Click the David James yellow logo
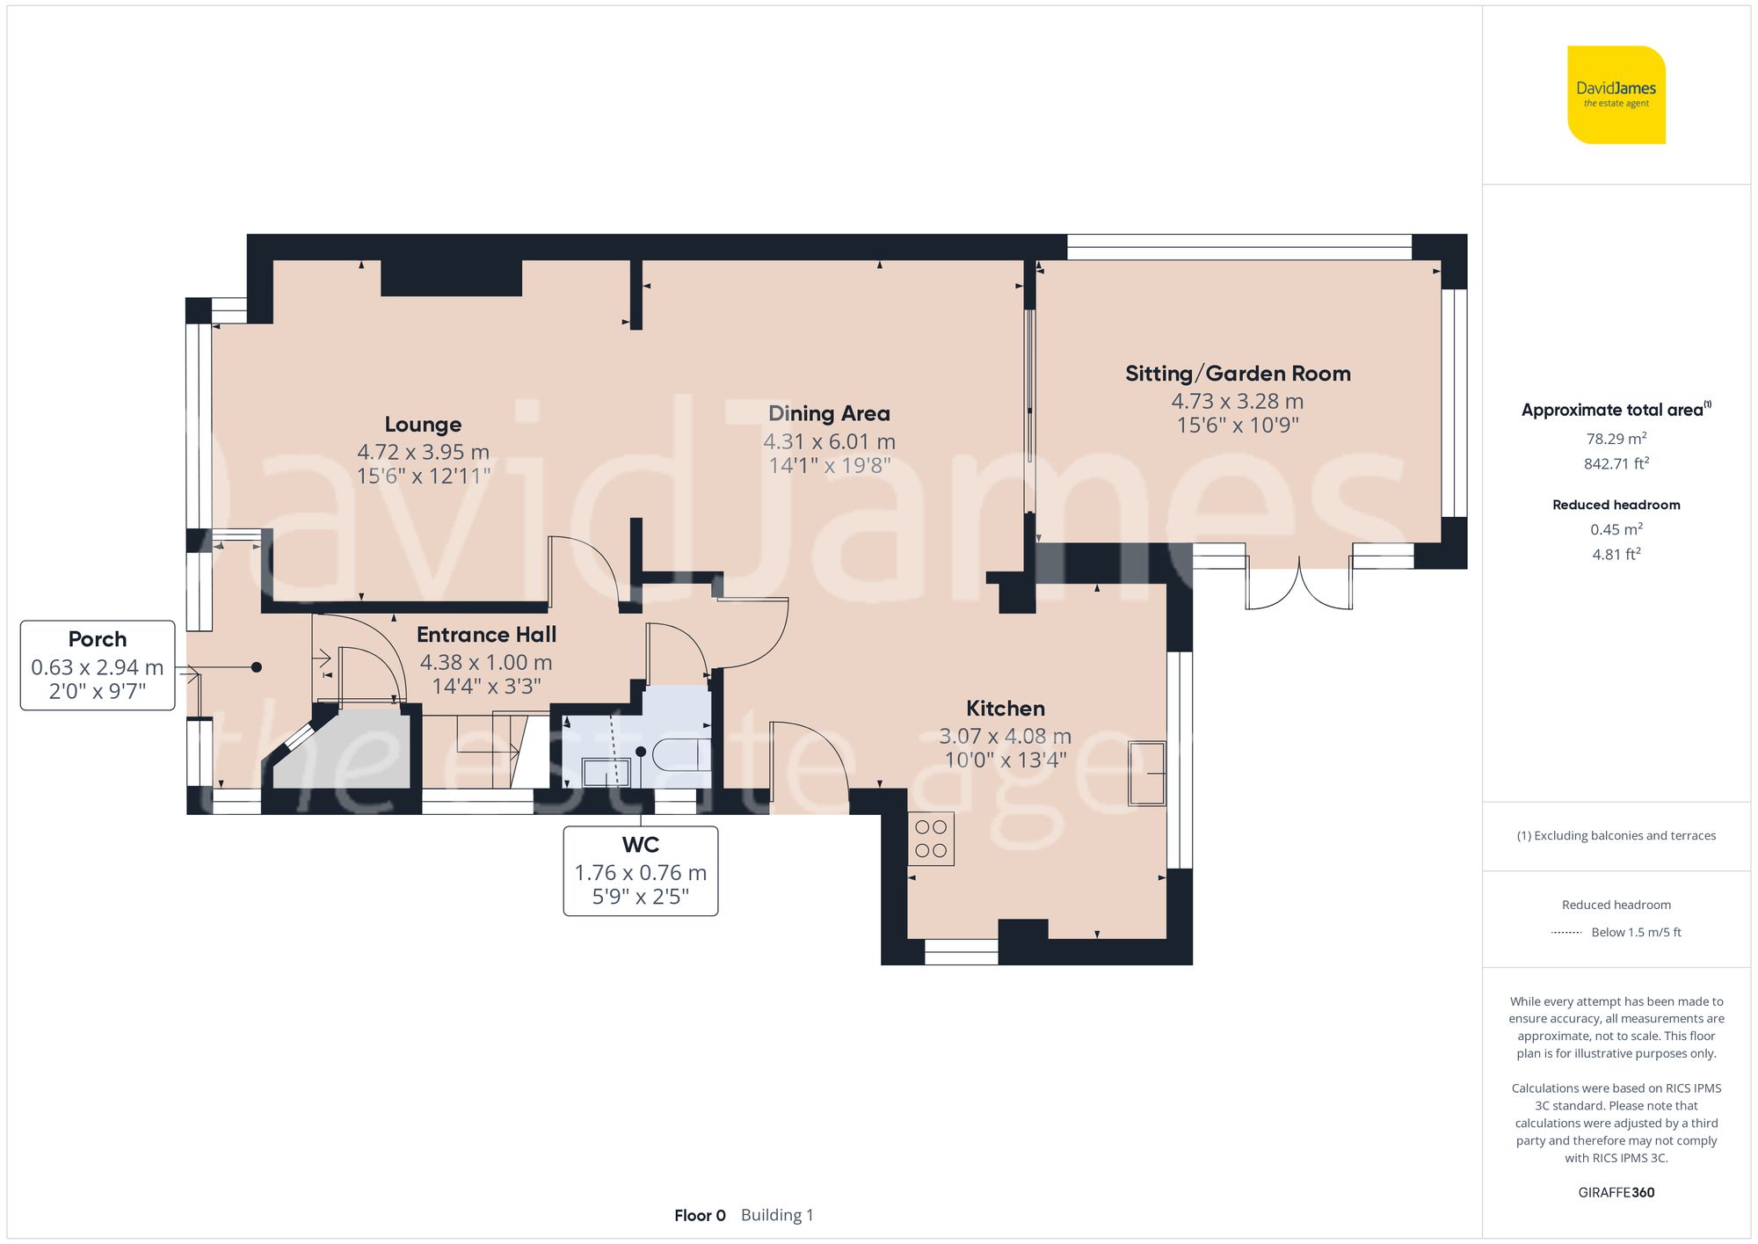pos(1616,95)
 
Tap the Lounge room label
pos(423,425)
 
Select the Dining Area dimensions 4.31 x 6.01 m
pos(829,441)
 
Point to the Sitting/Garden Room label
pos(1238,374)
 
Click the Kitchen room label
pos(1005,709)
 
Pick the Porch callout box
pos(98,665)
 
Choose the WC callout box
pos(640,870)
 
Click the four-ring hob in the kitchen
pos(931,839)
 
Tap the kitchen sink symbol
pos(1146,774)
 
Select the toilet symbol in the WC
pos(681,753)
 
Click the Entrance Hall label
pos(486,635)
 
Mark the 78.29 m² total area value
pos(1616,439)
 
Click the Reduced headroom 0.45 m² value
pos(1616,529)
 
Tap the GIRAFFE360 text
pos(1616,1193)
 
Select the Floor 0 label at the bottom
pos(700,1216)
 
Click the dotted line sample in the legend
pos(1566,933)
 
